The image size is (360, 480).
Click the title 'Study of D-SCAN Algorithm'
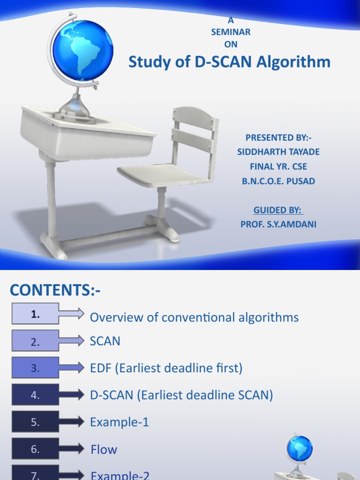[229, 62]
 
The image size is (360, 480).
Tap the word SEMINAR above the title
[231, 32]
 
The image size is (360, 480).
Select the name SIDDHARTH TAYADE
[278, 152]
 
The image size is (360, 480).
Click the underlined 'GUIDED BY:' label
[278, 210]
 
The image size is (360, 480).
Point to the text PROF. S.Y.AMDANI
[278, 225]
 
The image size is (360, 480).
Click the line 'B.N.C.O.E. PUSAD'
[278, 181]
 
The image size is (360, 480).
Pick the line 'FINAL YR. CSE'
[278, 166]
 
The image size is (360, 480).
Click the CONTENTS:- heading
[55, 291]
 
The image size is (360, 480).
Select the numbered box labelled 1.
[36, 314]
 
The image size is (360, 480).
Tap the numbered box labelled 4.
[36, 395]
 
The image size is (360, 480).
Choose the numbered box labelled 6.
[36, 449]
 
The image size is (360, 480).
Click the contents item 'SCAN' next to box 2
[105, 341]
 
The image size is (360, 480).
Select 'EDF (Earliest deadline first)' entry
[166, 368]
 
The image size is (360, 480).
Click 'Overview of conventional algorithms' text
[194, 317]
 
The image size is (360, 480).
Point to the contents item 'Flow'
[104, 450]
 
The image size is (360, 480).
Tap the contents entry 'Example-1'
[119, 422]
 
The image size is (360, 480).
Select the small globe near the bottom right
[299, 448]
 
